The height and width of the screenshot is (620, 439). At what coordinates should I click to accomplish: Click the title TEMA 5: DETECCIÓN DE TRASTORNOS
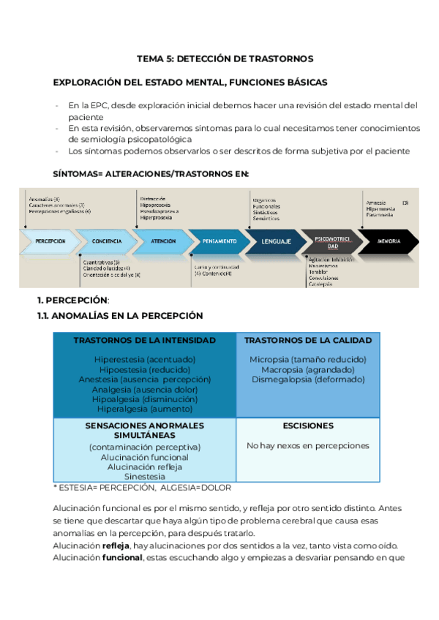pyautogui.click(x=225, y=58)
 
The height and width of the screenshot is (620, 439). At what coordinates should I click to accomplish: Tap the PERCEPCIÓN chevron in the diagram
pyautogui.click(x=50, y=241)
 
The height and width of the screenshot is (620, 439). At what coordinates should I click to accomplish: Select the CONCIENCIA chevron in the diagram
pyautogui.click(x=107, y=241)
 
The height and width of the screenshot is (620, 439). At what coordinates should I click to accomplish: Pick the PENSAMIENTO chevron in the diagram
pyautogui.click(x=219, y=241)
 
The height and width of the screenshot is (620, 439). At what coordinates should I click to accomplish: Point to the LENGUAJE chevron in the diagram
pyautogui.click(x=275, y=241)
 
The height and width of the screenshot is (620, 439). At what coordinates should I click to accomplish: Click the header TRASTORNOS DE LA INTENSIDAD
pyautogui.click(x=144, y=341)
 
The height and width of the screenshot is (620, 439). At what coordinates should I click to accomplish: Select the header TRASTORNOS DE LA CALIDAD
pyautogui.click(x=307, y=341)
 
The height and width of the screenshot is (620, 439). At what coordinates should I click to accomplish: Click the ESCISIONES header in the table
pyautogui.click(x=307, y=426)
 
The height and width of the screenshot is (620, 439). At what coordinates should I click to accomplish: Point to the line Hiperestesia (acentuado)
pyautogui.click(x=144, y=360)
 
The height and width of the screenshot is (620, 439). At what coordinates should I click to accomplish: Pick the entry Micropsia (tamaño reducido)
pyautogui.click(x=307, y=360)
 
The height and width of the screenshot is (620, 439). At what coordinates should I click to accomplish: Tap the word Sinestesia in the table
pyautogui.click(x=144, y=477)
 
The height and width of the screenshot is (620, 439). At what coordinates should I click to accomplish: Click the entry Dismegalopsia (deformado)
pyautogui.click(x=307, y=379)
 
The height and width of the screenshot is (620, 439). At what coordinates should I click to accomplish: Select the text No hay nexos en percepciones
pyautogui.click(x=307, y=445)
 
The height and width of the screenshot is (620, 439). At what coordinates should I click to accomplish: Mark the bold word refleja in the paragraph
pyautogui.click(x=115, y=545)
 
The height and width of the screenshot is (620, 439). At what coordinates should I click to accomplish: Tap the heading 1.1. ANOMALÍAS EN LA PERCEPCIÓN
pyautogui.click(x=120, y=315)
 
